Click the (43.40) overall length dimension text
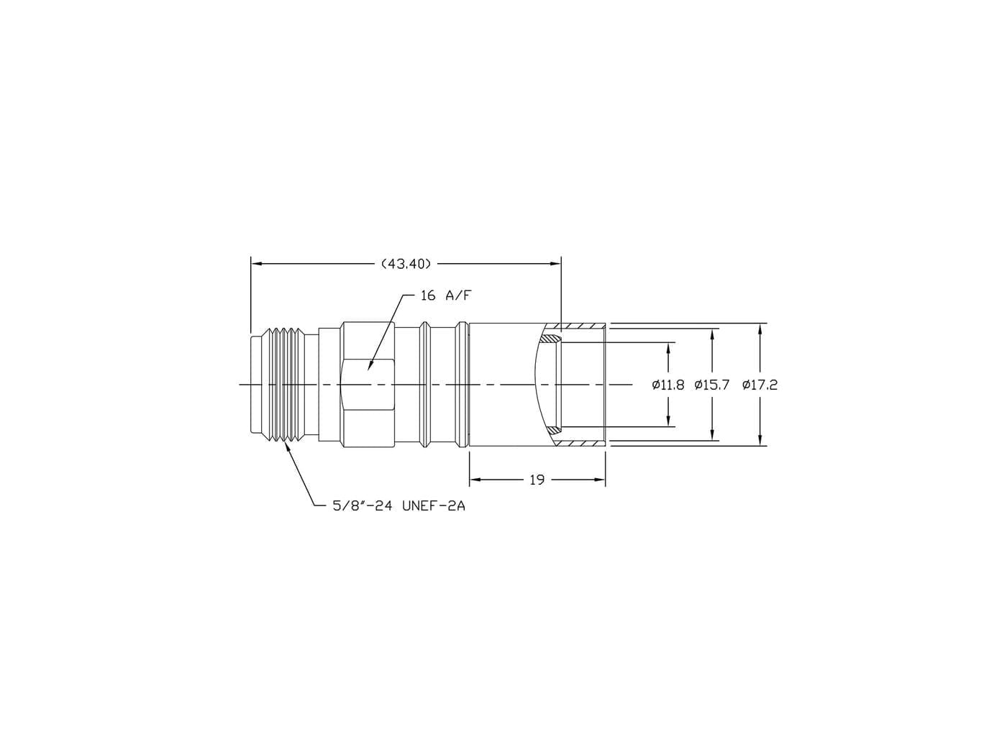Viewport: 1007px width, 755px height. (406, 264)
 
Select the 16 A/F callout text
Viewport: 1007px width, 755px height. (446, 296)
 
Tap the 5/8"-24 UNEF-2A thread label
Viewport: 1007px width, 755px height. (398, 506)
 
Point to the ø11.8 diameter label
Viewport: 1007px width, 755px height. (668, 385)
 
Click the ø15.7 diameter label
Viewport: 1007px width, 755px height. (711, 385)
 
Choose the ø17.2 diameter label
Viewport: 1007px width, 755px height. (760, 385)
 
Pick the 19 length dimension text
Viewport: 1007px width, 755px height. (537, 480)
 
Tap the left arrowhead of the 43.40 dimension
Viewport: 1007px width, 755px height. (256, 264)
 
